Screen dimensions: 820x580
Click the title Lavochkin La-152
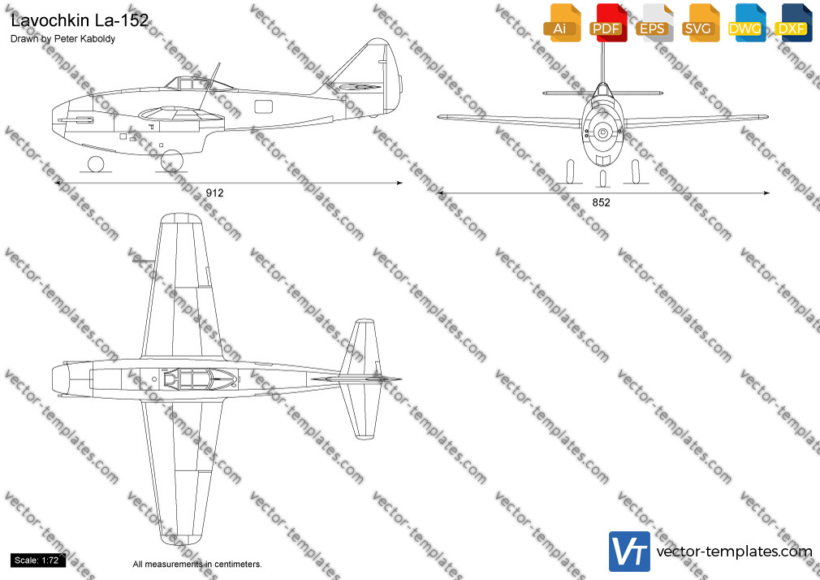(x=80, y=20)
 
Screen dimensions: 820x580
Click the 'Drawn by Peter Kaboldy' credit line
(x=63, y=39)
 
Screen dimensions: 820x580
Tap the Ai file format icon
(x=562, y=23)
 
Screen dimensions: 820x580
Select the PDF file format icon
(x=608, y=23)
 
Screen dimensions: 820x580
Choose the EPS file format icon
(x=654, y=23)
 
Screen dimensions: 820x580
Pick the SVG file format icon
(x=700, y=23)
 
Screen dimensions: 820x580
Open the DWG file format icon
(x=746, y=23)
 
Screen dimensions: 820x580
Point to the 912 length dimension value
(x=214, y=193)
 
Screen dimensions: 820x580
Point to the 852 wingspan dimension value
(x=602, y=202)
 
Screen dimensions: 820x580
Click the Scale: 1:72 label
(x=37, y=561)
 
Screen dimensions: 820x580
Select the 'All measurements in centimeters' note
(x=197, y=565)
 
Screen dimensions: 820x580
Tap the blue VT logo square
(x=630, y=552)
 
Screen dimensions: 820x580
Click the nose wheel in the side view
(x=96, y=164)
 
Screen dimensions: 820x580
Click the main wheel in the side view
(x=172, y=161)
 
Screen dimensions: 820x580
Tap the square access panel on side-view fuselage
(x=264, y=106)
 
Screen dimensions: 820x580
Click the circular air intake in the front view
(x=603, y=132)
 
